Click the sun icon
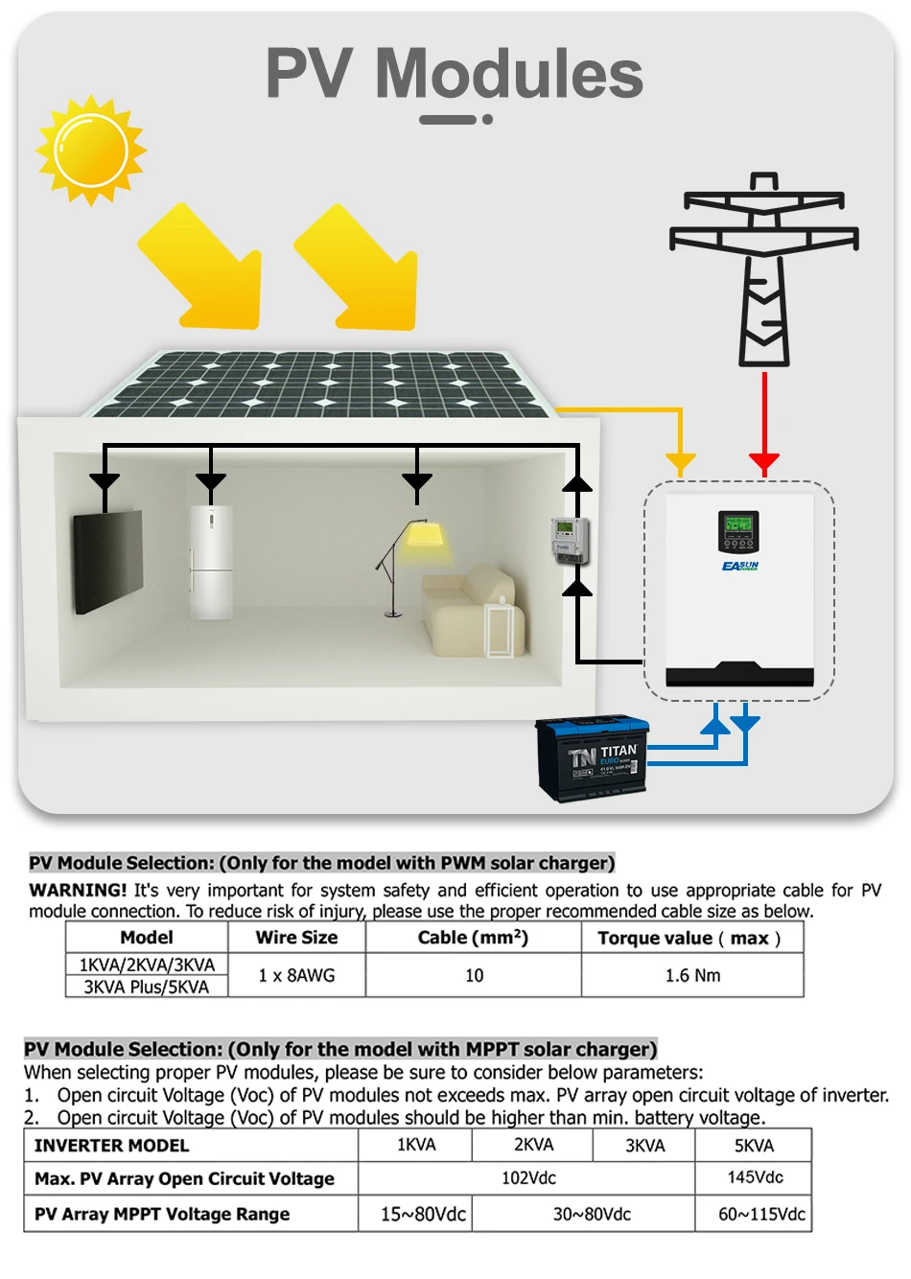(x=91, y=151)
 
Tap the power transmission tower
(x=763, y=268)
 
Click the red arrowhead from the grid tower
(x=764, y=464)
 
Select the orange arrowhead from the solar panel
(x=680, y=464)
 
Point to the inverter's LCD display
(x=738, y=525)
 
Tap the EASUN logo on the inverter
(x=740, y=567)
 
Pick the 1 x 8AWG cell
(x=296, y=975)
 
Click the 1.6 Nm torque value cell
(x=692, y=975)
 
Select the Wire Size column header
(x=296, y=938)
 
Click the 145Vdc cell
(x=754, y=1177)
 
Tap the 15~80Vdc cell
(x=423, y=1214)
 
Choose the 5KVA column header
(x=754, y=1146)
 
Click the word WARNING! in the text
(x=78, y=890)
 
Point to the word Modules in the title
(x=508, y=74)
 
